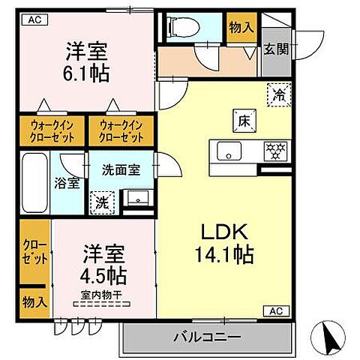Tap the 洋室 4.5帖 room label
(x=103, y=262)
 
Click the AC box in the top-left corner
(x=34, y=21)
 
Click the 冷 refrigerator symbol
(x=277, y=95)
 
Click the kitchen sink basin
(x=226, y=151)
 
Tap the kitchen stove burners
(x=274, y=151)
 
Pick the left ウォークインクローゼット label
(x=52, y=131)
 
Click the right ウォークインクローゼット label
(x=121, y=131)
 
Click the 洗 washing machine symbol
(x=100, y=201)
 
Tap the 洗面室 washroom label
(x=121, y=169)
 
